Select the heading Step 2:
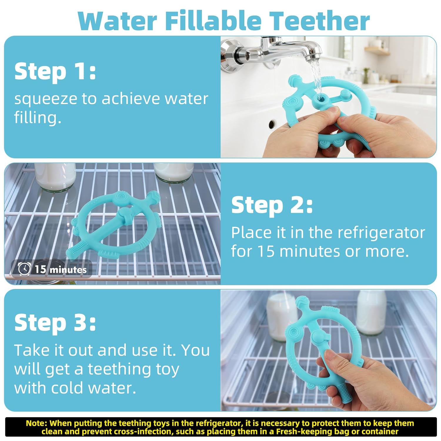tap(272, 206)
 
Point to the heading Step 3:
tap(55, 323)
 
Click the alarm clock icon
tap(24, 269)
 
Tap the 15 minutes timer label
tap(61, 269)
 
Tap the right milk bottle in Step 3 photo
tap(371, 313)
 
